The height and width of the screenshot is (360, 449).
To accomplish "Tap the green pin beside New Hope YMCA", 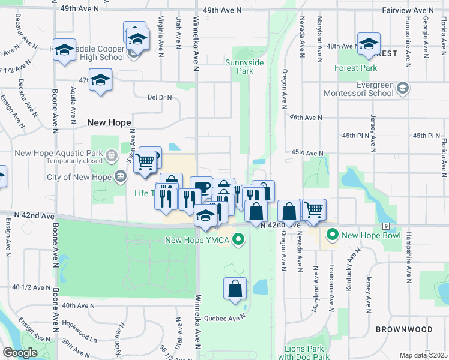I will point(239,241).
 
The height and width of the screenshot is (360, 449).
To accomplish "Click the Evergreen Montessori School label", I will point(359,89).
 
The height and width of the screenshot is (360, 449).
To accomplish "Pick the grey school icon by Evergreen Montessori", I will point(403,89).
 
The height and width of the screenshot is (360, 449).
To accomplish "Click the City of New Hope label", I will point(79,177).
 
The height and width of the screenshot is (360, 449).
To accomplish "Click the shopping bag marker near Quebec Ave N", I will point(235,289).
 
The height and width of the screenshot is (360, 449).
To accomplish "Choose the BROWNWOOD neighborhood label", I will point(403,329).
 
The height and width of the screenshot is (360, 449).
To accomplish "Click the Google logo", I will point(20,353).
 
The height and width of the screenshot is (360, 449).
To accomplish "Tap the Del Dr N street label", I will point(160,97).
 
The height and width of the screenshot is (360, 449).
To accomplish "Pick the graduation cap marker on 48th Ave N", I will point(368,44).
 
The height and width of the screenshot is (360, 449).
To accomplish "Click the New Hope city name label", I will point(109,122).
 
